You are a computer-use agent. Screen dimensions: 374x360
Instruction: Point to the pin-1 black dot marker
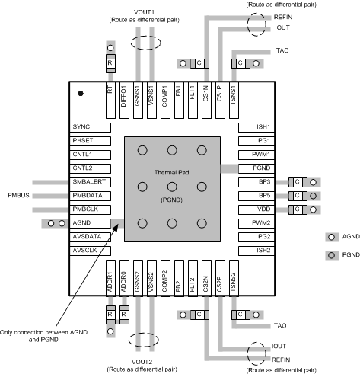(x=81, y=93)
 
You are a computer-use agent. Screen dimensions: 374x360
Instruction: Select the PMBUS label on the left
(x=18, y=195)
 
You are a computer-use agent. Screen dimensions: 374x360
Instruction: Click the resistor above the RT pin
(x=110, y=62)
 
